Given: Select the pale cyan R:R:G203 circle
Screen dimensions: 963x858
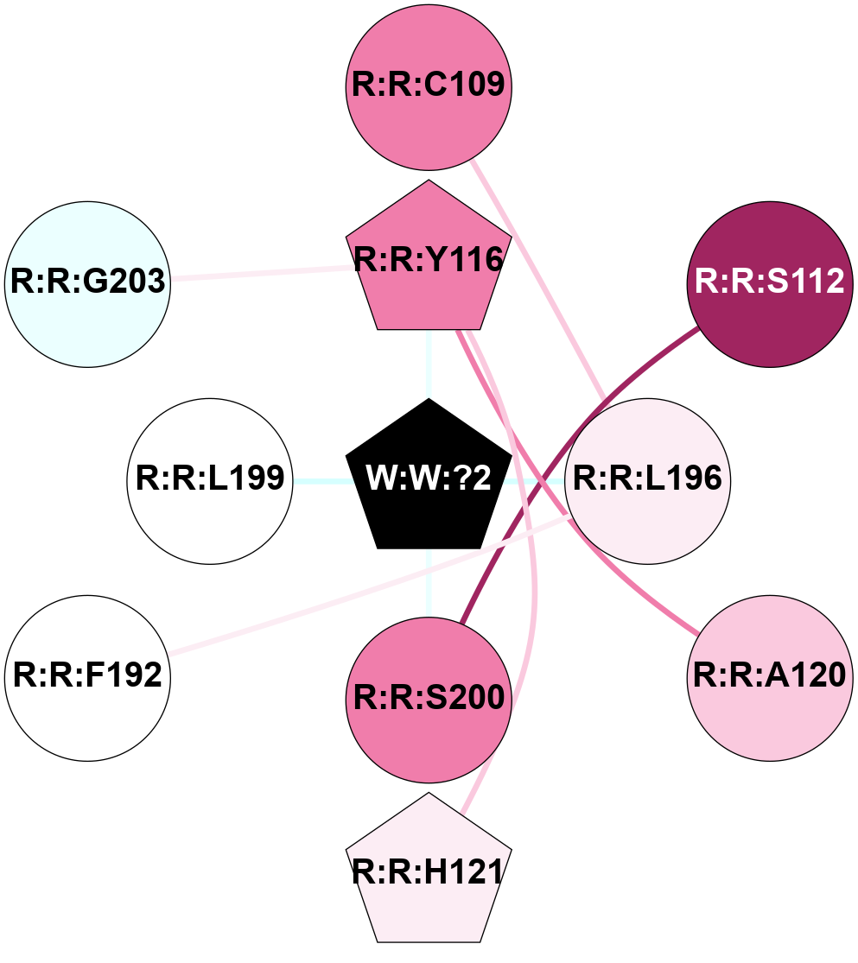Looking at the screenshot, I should click(x=87, y=283).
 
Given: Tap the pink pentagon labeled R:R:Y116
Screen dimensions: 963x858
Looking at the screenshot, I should click(x=429, y=259).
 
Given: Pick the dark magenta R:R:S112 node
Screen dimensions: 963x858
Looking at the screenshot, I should click(x=769, y=283).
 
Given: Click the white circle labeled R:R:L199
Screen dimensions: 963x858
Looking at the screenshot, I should click(x=210, y=480).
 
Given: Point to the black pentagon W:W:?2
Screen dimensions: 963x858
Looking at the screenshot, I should click(x=429, y=478).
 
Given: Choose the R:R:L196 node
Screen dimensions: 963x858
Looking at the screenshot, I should click(x=647, y=480).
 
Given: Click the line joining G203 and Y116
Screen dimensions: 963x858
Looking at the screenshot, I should click(x=259, y=274).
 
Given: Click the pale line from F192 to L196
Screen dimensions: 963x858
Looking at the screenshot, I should click(x=363, y=587).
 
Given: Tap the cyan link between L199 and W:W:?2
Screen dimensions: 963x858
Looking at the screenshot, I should click(x=320, y=480).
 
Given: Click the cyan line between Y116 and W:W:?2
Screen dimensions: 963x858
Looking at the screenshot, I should click(x=429, y=363).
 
